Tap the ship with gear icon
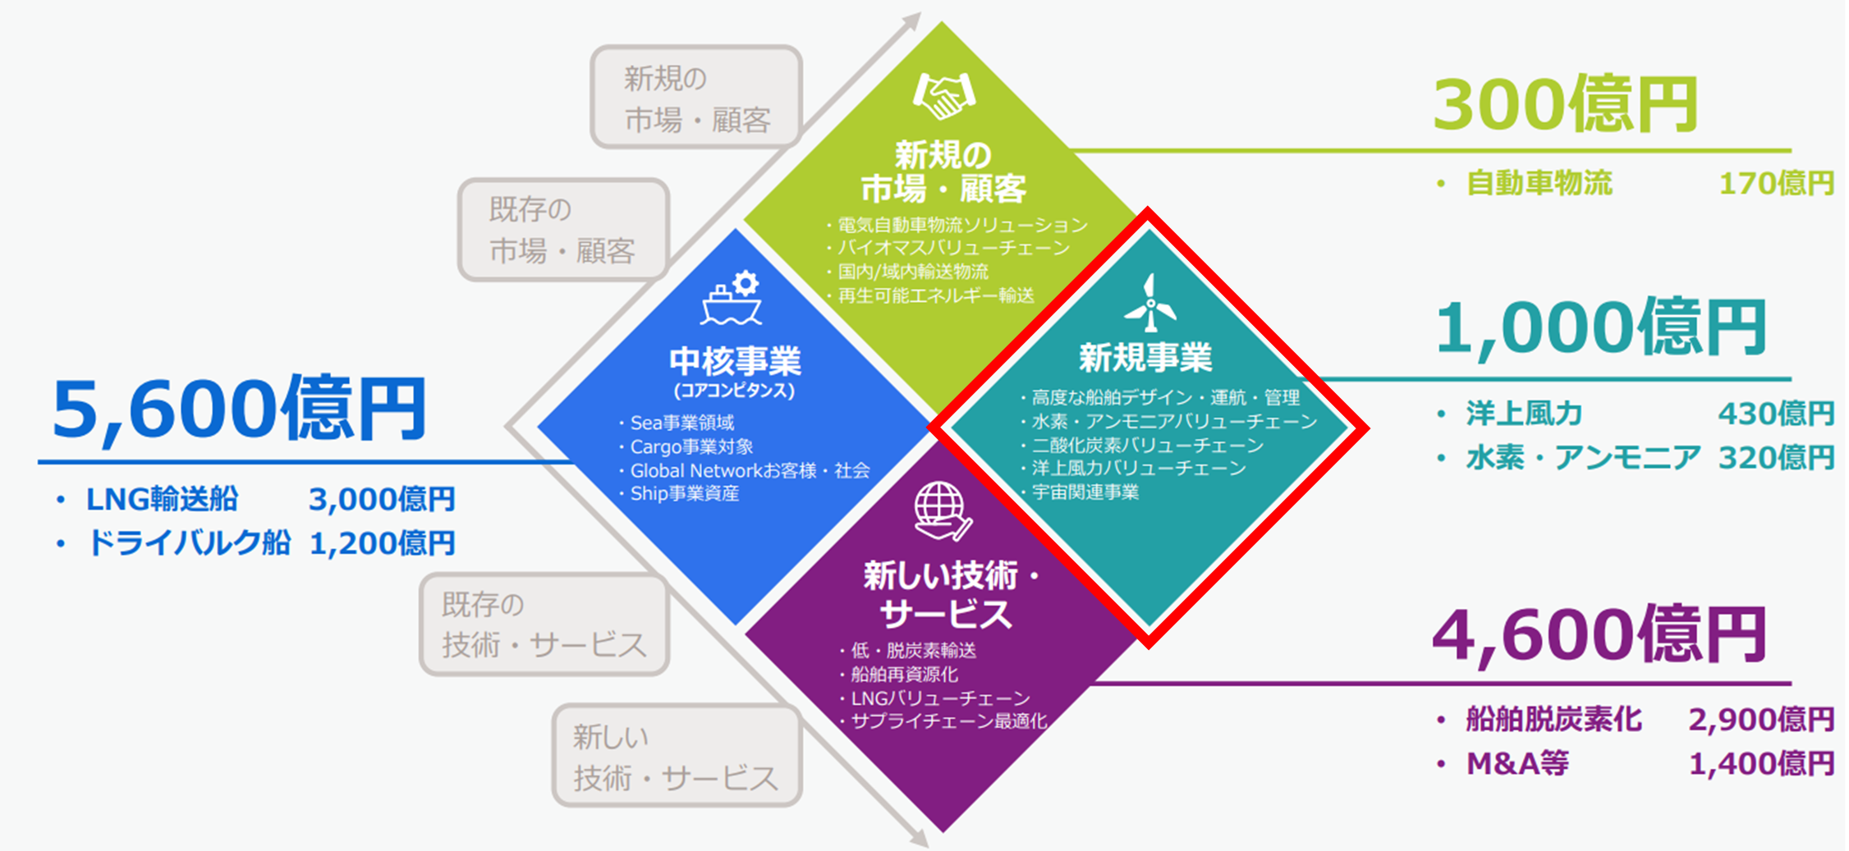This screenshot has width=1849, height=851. click(x=732, y=298)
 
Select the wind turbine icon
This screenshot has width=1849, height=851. click(x=1150, y=303)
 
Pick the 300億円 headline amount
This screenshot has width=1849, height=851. click(x=1565, y=105)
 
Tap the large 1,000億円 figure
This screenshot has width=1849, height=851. click(x=1600, y=328)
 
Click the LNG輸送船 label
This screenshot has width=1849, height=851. click(x=162, y=498)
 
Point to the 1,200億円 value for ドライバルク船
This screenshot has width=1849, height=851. click(x=382, y=542)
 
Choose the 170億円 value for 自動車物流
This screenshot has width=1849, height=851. click(x=1776, y=183)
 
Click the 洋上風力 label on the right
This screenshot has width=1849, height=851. click(x=1524, y=413)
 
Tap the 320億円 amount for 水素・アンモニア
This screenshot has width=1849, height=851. click(x=1776, y=457)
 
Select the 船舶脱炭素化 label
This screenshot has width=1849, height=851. click(x=1553, y=719)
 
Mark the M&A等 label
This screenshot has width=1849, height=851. click(x=1517, y=763)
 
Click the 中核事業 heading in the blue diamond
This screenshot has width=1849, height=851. click(x=735, y=361)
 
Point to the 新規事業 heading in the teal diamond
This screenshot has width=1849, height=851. click(x=1145, y=357)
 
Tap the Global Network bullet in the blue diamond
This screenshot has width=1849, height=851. click(x=749, y=470)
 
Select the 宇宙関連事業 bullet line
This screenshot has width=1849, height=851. click(x=1085, y=492)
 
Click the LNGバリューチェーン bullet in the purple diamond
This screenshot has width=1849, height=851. click(x=939, y=698)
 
